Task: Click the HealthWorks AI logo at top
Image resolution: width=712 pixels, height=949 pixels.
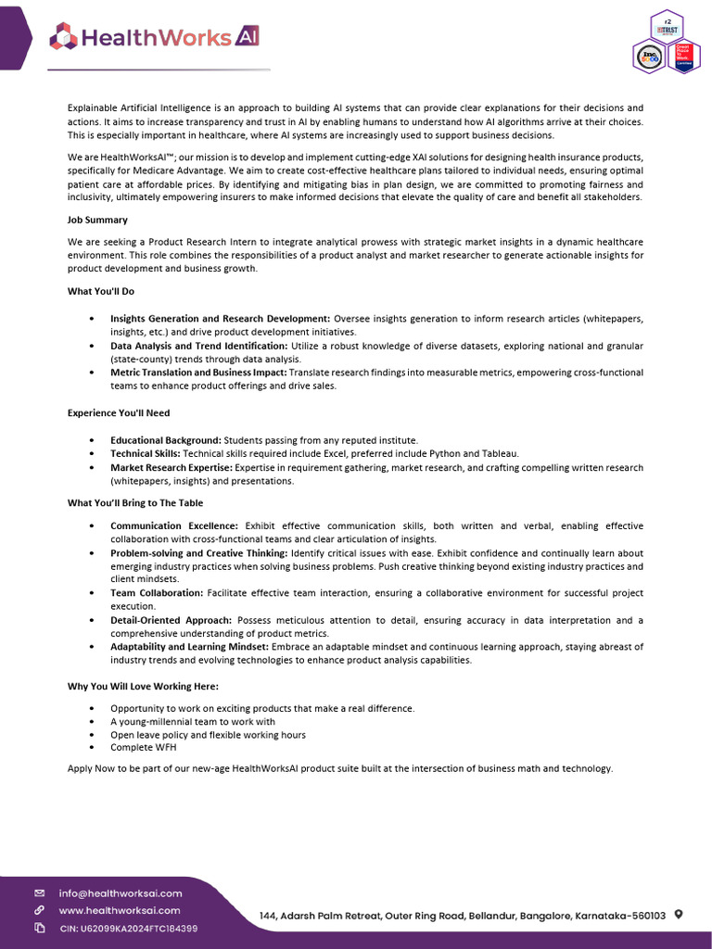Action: coord(155,37)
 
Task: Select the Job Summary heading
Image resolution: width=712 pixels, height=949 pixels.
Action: coord(97,220)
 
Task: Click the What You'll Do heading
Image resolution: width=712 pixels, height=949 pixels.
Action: coord(101,291)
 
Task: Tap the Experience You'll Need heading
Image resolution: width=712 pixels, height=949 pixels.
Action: coord(119,412)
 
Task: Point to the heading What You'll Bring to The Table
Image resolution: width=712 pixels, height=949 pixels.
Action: coord(135,503)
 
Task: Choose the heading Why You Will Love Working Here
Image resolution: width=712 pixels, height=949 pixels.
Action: coord(143,686)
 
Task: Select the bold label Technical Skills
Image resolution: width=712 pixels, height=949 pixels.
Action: coord(146,453)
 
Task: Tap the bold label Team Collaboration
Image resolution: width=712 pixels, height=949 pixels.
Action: coord(157,592)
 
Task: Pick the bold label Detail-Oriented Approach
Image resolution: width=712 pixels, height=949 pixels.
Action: coord(171,620)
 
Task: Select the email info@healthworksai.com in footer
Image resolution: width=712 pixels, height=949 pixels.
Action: coord(121,893)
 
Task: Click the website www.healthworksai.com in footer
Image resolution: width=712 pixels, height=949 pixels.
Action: coord(120,910)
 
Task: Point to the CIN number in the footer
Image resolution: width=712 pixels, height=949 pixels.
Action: coord(128,928)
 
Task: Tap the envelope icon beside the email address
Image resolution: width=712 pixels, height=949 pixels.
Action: coord(39,893)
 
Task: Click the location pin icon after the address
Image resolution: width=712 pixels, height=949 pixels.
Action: coord(679,915)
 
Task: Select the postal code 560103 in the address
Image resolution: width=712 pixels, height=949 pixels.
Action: coord(646,916)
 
